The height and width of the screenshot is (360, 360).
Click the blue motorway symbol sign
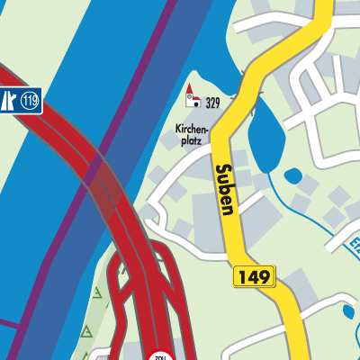(8, 101)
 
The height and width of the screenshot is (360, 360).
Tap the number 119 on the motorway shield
(30, 101)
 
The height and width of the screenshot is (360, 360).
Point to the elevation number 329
(212, 103)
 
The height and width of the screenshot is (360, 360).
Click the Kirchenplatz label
(192, 135)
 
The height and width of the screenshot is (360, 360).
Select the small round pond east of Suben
(292, 175)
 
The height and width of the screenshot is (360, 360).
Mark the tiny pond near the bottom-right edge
(349, 312)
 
